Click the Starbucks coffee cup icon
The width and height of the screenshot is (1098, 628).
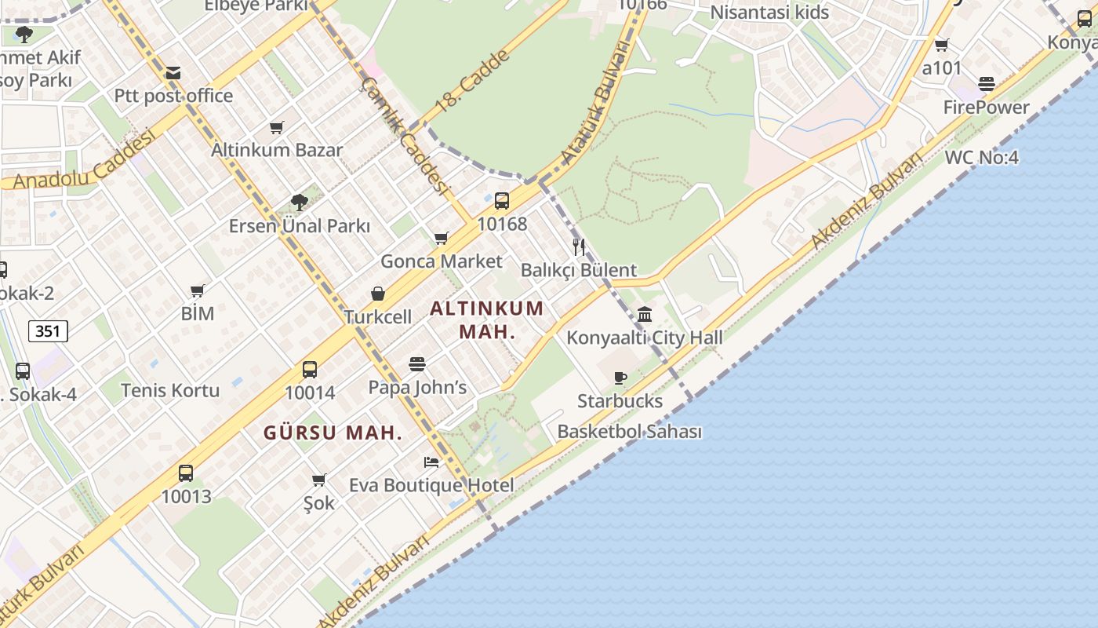pos(620,378)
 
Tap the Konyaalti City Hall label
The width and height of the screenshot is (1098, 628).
pos(645,338)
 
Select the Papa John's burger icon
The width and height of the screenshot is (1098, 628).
pos(416,364)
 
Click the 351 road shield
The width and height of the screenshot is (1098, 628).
pos(48,331)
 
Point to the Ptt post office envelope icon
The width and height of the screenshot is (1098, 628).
pos(173,73)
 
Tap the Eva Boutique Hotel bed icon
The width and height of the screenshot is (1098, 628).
pos(431,462)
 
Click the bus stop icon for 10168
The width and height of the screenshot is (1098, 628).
pos(502,200)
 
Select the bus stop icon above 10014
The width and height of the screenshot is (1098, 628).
pos(310,370)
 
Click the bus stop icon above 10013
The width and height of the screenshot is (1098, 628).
pos(186,473)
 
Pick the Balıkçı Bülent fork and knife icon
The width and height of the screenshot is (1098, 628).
pos(579,247)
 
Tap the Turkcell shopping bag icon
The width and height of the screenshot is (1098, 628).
pos(378,294)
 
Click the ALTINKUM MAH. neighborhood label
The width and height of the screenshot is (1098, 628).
pos(487,319)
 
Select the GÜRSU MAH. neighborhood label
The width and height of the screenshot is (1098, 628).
pos(333,433)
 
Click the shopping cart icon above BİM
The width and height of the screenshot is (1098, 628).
pos(198,290)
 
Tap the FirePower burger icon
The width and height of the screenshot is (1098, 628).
pos(987,84)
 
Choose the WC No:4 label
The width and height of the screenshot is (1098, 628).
pos(981,157)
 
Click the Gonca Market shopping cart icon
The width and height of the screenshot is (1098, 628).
pos(442,238)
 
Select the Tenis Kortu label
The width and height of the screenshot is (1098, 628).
pos(170,390)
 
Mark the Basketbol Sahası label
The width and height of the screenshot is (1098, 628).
pos(629,432)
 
